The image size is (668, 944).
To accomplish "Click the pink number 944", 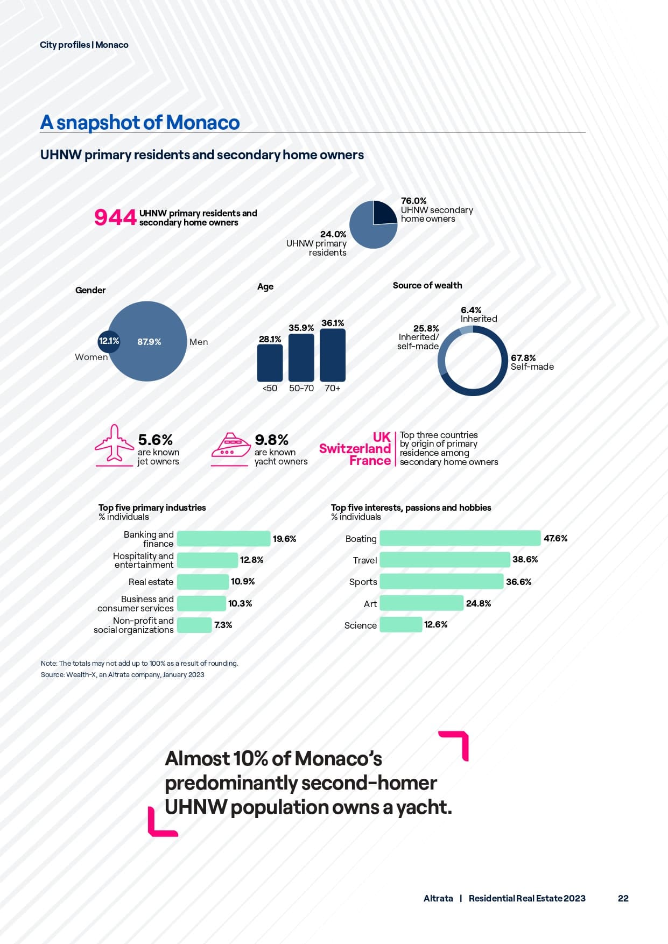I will [x=115, y=217].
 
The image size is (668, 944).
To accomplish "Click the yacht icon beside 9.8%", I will [x=230, y=446].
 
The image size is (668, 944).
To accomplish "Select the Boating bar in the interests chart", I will [x=460, y=538].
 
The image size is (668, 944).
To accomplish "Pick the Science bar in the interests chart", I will [x=400, y=625].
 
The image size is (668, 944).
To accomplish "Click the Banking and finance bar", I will [x=223, y=539].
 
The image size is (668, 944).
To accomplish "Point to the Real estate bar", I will [x=202, y=582].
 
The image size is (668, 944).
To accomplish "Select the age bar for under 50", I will [x=270, y=363].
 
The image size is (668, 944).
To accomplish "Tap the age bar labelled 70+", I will [x=332, y=355].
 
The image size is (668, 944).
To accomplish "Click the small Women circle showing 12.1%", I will [x=109, y=341].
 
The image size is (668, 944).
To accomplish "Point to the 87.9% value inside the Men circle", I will [x=149, y=342].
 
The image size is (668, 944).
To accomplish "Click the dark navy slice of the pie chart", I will [x=384, y=212].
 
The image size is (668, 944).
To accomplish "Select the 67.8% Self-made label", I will [x=531, y=362].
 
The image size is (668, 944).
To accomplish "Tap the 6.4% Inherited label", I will [x=478, y=314].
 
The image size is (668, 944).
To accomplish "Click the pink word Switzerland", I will [x=355, y=449].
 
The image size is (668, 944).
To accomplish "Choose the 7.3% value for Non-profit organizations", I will [x=223, y=625].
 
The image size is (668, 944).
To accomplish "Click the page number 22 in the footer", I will [x=623, y=898].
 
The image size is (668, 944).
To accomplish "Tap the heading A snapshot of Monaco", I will [x=140, y=122].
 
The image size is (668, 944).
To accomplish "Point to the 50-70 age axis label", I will [x=301, y=388].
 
